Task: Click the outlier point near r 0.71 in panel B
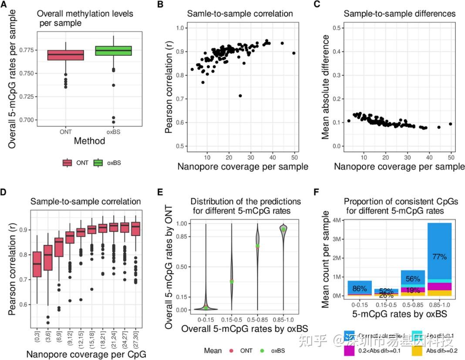[x=240, y=96]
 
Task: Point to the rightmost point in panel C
[x=451, y=124]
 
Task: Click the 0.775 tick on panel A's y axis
[x=30, y=50]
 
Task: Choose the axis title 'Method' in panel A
[x=89, y=141]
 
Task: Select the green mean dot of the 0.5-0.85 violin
[x=257, y=246]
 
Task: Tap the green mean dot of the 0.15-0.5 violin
[x=232, y=281]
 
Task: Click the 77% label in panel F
[x=440, y=256]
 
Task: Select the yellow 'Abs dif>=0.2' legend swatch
[x=417, y=350]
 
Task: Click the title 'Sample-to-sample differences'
[x=399, y=14]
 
